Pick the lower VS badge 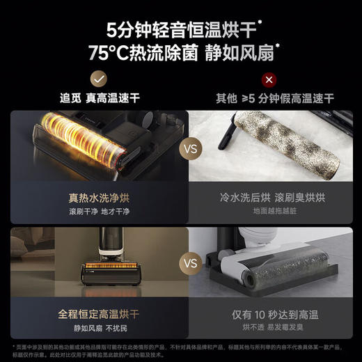click(188, 265)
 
